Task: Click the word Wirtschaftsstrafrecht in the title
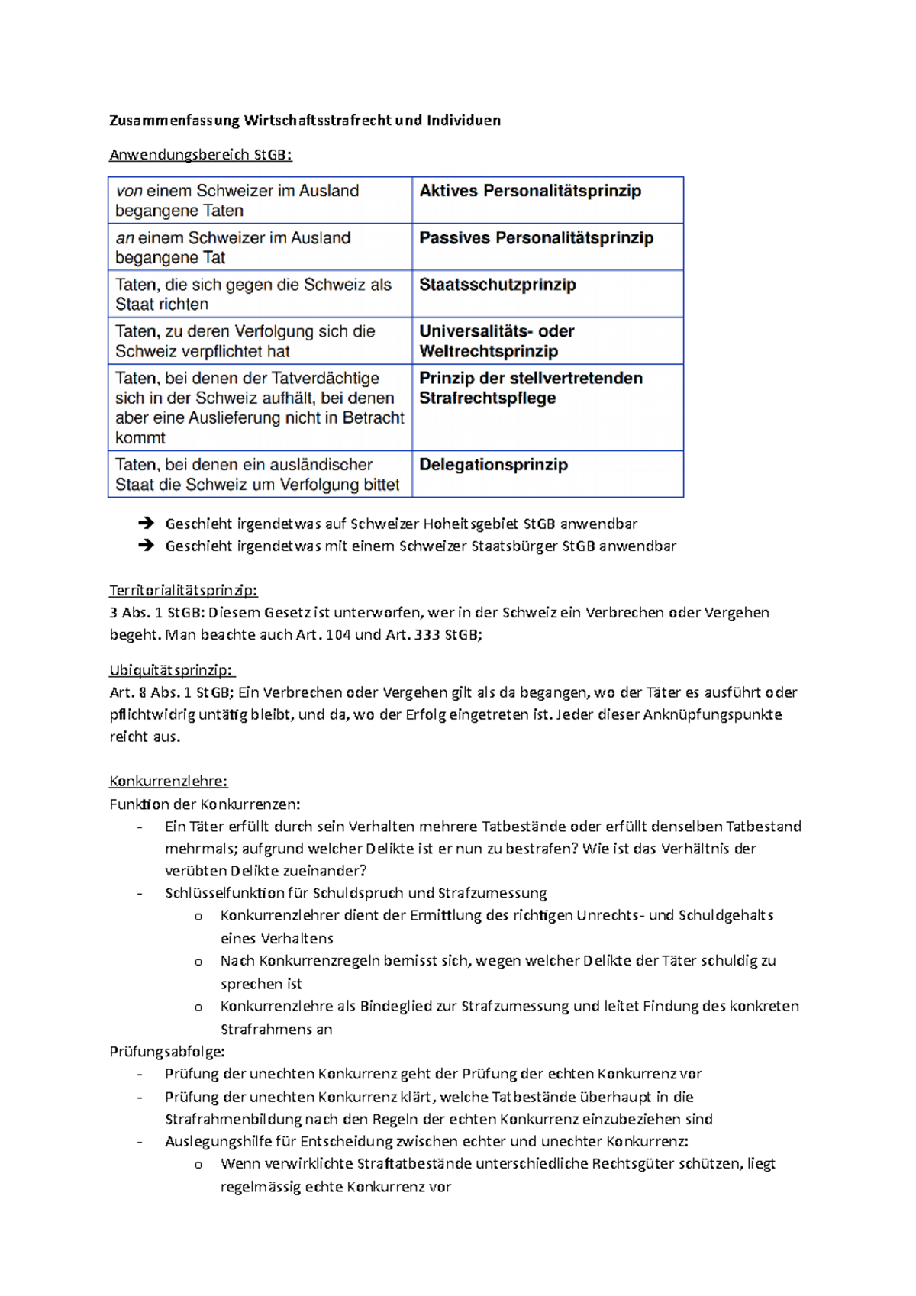pos(318,121)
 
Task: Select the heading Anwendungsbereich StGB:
pos(200,155)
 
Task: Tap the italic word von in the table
pos(129,191)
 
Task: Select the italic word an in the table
pos(125,238)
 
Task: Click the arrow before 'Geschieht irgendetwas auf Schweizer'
pos(146,524)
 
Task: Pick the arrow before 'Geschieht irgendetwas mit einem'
pos(146,546)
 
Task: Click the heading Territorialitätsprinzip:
pos(183,591)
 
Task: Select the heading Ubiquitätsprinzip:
pos(171,671)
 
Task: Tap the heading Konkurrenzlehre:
pos(168,782)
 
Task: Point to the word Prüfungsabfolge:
pos(167,1052)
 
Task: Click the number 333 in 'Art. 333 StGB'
pos(427,635)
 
